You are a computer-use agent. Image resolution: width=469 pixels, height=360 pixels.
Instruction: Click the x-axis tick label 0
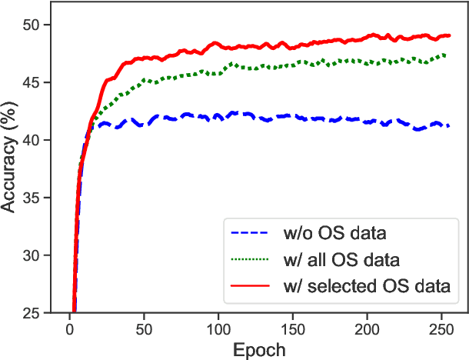point(69,328)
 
